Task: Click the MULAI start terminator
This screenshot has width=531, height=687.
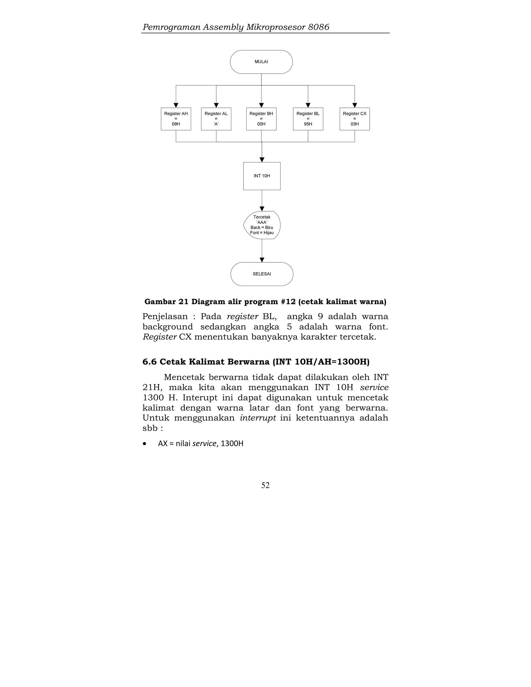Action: click(261, 62)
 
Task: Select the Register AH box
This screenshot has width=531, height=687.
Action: click(176, 119)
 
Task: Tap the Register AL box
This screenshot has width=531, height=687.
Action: click(216, 119)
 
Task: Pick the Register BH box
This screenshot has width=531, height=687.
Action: click(261, 119)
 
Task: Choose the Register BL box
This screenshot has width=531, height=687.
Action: click(308, 119)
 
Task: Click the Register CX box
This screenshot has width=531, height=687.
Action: click(354, 119)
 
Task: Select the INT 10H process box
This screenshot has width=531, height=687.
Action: click(262, 176)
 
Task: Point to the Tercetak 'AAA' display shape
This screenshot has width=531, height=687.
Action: click(262, 225)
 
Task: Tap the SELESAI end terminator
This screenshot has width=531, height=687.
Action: click(262, 274)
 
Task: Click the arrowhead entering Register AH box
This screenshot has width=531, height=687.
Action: click(176, 105)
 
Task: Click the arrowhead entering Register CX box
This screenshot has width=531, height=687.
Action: click(354, 105)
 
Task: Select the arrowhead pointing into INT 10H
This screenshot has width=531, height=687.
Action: click(262, 160)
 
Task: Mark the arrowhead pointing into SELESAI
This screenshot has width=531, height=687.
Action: click(262, 260)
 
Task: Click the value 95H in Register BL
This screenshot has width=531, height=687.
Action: click(308, 124)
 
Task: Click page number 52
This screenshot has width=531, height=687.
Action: click(265, 485)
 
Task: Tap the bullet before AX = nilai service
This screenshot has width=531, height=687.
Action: click(144, 444)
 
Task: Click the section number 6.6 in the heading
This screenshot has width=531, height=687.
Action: click(149, 362)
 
